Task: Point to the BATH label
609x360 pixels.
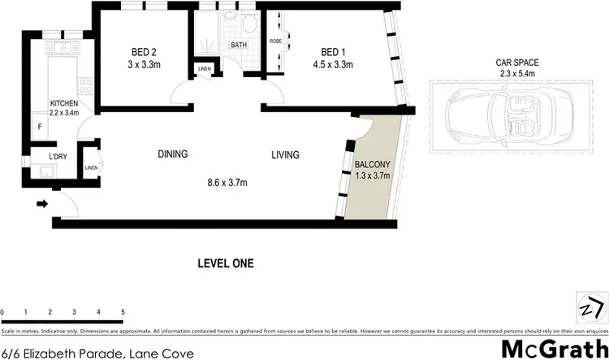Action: (x=239, y=46)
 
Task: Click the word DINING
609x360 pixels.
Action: (x=172, y=154)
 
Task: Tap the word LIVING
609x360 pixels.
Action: (x=285, y=154)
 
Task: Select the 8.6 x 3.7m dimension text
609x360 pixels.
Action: (x=227, y=183)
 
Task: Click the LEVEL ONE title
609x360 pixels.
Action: (x=226, y=263)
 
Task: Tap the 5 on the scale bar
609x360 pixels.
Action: (x=123, y=312)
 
